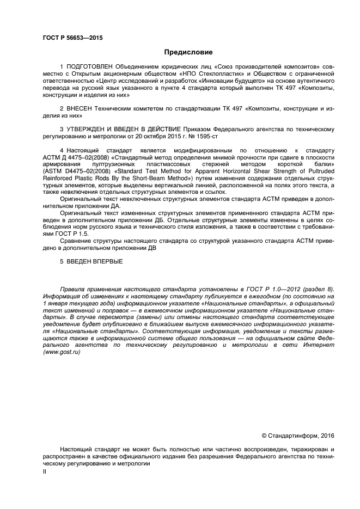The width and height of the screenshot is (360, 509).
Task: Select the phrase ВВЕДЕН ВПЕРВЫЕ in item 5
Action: click(x=95, y=261)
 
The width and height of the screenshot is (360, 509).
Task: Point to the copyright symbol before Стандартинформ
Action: click(x=264, y=435)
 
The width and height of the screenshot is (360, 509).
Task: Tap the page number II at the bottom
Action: click(x=45, y=472)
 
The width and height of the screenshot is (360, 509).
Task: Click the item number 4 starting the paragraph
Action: click(x=62, y=149)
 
